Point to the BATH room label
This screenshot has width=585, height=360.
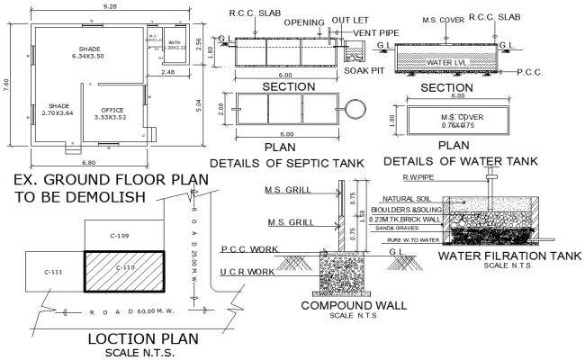tap(175, 43)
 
